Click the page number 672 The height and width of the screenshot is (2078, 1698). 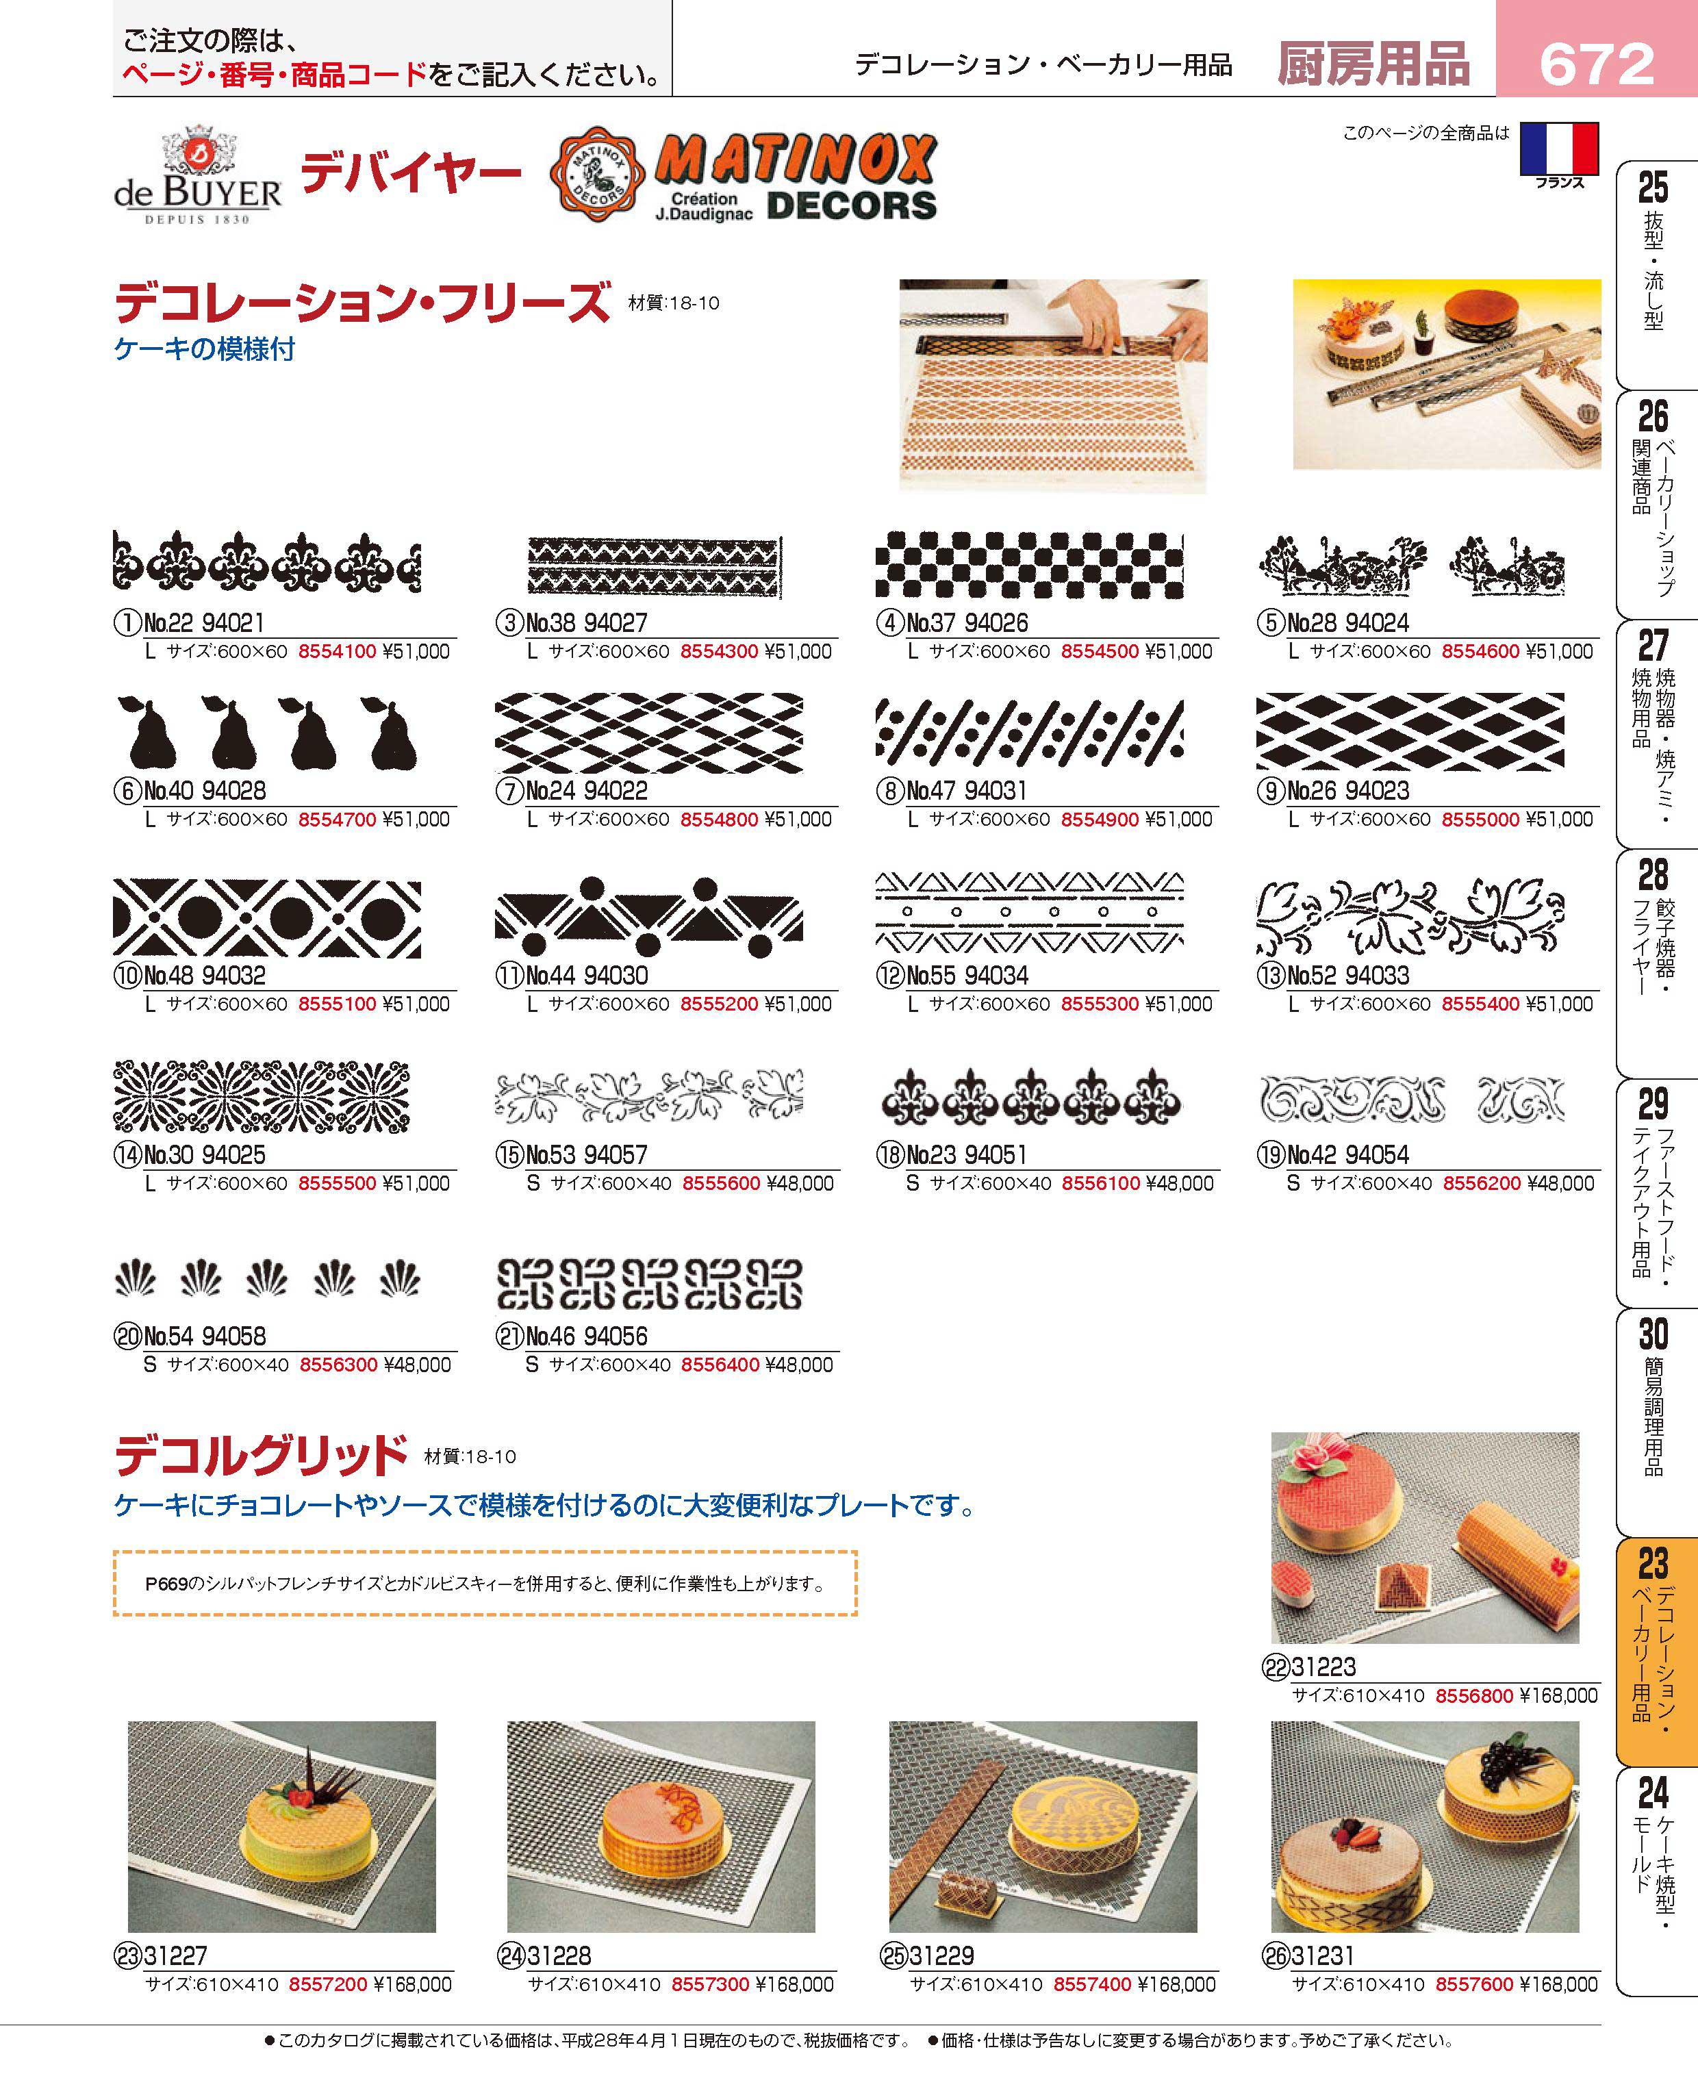pos(1596,64)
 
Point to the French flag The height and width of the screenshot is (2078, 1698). pos(1559,149)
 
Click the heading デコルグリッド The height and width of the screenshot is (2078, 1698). pos(261,1456)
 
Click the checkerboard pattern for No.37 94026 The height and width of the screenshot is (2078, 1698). pos(1029,566)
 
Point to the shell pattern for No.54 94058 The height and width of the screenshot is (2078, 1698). pos(267,1278)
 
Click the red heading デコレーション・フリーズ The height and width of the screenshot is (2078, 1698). pos(363,303)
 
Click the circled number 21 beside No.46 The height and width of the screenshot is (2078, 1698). pos(509,1336)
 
